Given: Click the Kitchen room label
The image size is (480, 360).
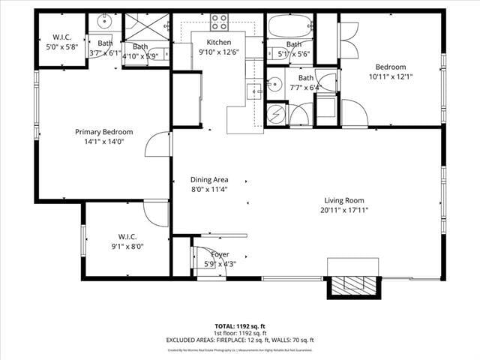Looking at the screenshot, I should tap(219, 42).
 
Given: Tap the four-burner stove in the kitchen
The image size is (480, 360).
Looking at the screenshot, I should tap(219, 22).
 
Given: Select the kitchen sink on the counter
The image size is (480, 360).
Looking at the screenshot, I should tap(255, 92).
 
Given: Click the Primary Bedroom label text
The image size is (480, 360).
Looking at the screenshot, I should tap(103, 131).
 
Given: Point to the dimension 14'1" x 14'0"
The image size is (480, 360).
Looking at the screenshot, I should tap(103, 141).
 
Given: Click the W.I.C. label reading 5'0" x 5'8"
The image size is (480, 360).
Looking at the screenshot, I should tap(61, 37).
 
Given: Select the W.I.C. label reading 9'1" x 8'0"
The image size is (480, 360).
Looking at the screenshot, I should tap(127, 237).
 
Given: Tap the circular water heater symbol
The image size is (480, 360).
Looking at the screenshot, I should tap(275, 114).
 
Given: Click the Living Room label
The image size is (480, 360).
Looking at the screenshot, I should tap(343, 200).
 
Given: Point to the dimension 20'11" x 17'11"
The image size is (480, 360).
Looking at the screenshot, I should tap(343, 210).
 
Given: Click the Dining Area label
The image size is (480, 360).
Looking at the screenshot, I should tap(208, 180).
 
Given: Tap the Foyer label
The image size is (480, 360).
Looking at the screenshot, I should tap(220, 254).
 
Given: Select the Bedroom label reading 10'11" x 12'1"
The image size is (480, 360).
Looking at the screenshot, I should tap(391, 67).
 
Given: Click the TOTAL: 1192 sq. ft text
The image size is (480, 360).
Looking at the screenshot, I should tap(240, 326).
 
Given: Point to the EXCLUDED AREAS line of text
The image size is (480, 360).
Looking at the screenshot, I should tap(240, 340).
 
